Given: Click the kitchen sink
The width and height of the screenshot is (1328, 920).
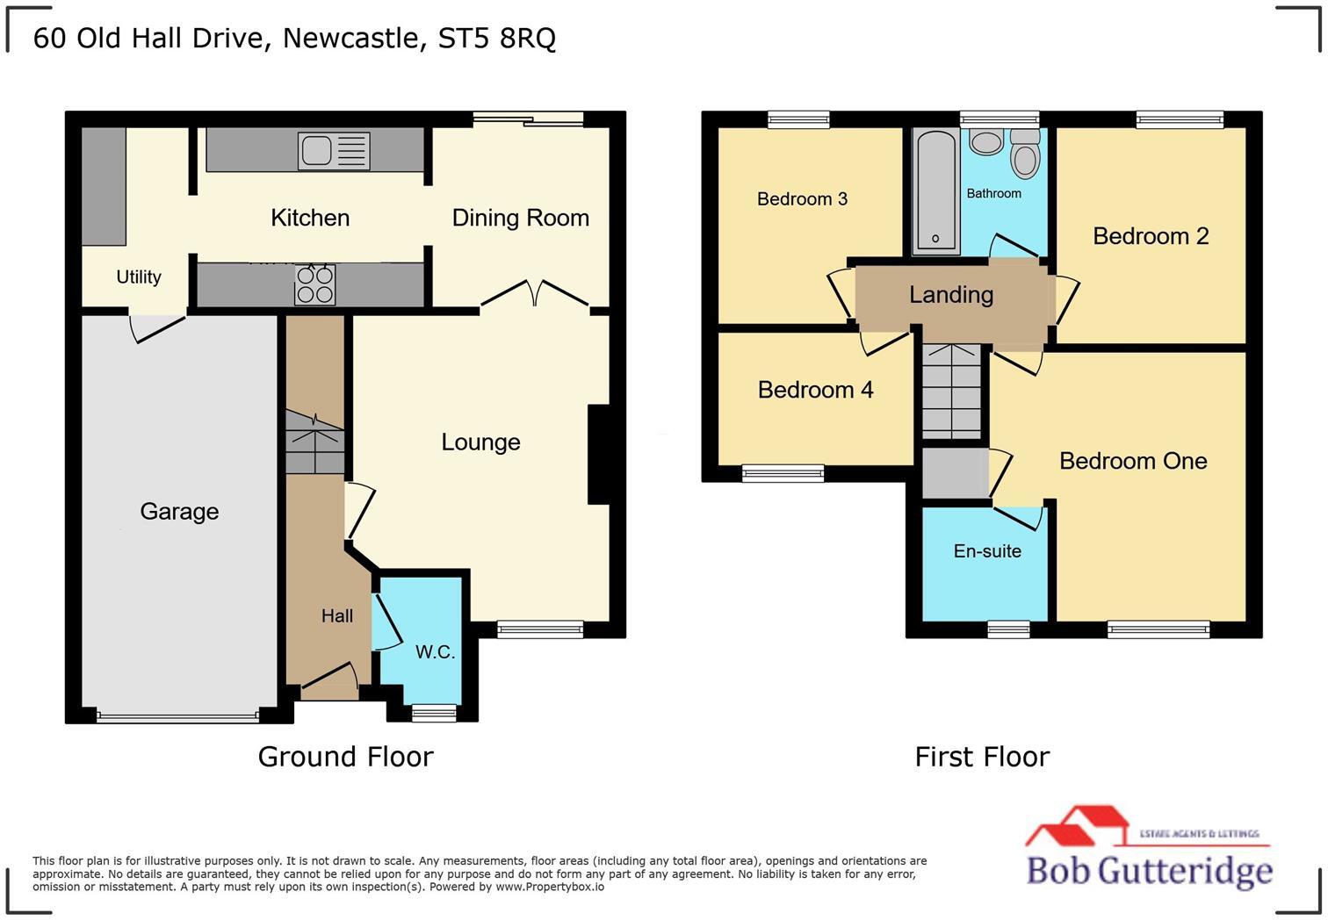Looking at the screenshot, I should click(333, 151).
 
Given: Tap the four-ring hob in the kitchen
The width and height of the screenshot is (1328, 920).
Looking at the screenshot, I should click(314, 284).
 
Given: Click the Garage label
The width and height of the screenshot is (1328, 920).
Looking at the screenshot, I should click(179, 512).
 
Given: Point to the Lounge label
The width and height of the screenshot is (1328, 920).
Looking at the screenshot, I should click(480, 442).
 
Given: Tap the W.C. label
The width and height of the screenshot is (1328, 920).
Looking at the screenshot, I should click(435, 652).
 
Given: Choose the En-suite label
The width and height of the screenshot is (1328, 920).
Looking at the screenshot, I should click(987, 551).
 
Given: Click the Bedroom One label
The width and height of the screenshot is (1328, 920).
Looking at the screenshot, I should click(1132, 462).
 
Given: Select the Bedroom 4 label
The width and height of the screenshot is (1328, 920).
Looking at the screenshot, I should click(815, 390).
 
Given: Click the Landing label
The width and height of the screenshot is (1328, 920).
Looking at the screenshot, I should click(950, 295).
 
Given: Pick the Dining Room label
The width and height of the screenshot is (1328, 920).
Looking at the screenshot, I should click(520, 219).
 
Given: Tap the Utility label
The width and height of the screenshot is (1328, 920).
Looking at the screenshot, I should click(139, 277).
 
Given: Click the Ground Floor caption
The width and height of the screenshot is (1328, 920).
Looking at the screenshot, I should click(345, 757).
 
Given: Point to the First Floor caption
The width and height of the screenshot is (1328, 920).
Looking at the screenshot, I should click(982, 757).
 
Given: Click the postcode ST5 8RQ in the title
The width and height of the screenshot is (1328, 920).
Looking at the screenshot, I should click(496, 39).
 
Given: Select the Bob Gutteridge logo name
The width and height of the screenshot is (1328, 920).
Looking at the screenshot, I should click(1149, 871).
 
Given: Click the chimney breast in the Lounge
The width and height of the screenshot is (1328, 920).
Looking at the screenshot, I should click(599, 454).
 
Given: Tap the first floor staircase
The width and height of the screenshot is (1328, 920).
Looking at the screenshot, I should click(951, 391).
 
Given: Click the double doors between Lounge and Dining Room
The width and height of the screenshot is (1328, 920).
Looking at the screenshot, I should click(535, 295).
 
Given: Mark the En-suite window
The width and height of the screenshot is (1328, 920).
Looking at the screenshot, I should click(1008, 629).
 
